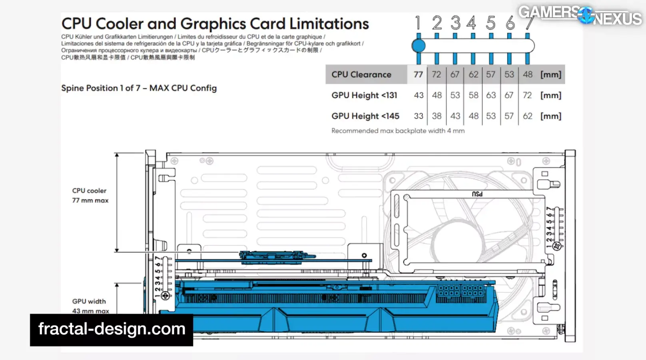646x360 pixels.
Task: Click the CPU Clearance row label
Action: click(361, 74)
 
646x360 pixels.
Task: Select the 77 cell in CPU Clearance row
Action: click(418, 74)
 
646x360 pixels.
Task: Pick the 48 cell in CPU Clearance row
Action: click(528, 74)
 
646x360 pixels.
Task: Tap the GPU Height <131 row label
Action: click(364, 95)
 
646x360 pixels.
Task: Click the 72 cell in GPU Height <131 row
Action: click(527, 95)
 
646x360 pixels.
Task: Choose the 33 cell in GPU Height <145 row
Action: click(418, 116)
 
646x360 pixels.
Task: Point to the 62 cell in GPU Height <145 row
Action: click(528, 116)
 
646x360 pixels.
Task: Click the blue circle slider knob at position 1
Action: click(419, 46)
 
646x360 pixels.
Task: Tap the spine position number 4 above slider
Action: click(472, 23)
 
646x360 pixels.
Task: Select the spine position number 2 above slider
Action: click(437, 23)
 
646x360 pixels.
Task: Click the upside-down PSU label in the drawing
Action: click(477, 194)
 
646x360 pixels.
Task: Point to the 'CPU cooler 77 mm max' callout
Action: click(90, 196)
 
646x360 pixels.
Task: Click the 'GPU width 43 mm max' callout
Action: click(90, 306)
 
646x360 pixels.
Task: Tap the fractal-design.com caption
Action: click(112, 329)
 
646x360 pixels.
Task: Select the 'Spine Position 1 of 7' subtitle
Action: click(139, 88)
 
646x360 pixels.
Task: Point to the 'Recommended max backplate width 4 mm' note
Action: click(398, 131)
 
